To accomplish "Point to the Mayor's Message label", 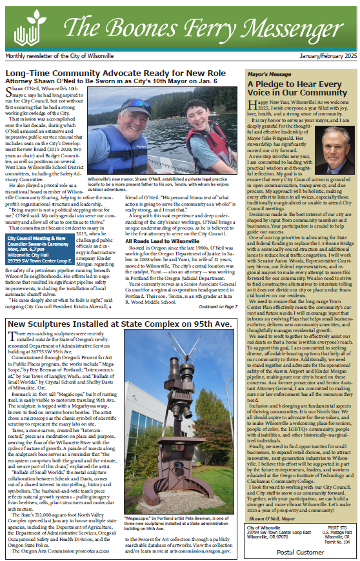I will click(270, 75).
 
